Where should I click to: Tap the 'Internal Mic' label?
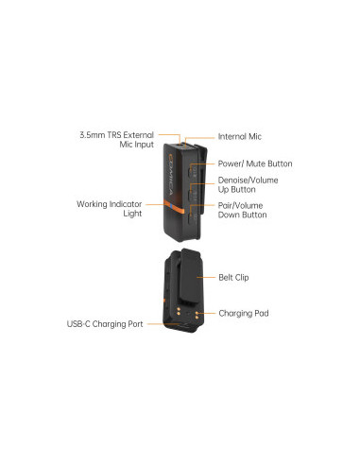coord(240,137)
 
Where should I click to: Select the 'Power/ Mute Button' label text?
coord(255,164)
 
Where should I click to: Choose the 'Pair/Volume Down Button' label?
coord(242,210)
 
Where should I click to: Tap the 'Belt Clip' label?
coord(235,279)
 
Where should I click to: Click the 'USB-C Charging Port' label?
coord(105,324)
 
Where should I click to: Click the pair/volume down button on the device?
coord(193,210)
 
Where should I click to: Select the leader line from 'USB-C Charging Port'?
coord(157,324)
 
